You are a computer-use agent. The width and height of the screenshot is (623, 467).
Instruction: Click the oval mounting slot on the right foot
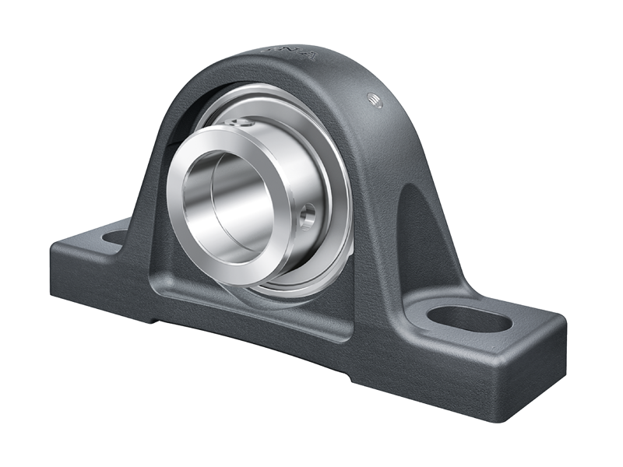470,318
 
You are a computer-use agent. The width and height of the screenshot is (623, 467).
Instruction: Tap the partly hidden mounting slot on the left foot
114,237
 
